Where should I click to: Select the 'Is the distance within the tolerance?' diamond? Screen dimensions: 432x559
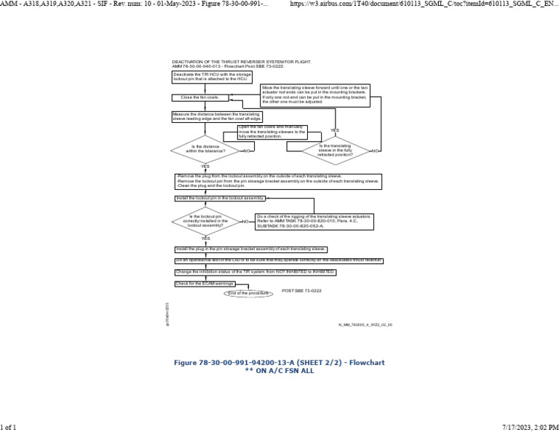click(205, 149)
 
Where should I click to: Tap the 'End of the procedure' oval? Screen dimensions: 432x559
click(248, 293)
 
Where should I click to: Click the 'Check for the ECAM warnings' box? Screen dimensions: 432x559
click(205, 284)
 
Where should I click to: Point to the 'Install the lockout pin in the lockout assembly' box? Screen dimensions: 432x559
click(220, 198)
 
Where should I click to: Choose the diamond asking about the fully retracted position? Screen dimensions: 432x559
click(335, 150)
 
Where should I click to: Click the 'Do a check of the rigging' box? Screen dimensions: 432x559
click(314, 221)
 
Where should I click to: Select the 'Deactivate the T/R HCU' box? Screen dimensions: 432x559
click(210, 76)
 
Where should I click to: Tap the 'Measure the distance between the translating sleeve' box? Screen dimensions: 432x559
click(217, 116)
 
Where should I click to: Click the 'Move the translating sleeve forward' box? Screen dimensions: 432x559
click(314, 95)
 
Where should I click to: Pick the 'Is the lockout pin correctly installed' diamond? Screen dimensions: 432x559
click(206, 221)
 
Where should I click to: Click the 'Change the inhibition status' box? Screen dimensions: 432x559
click(255, 272)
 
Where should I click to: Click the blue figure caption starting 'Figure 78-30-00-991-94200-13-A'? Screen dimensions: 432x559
click(279, 362)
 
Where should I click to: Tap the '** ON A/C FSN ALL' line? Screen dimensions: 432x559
click(279, 370)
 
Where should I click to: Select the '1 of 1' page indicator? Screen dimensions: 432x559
click(8, 426)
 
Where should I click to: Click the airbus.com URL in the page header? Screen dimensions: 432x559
click(423, 4)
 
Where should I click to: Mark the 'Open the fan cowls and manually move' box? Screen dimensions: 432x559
click(272, 132)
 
